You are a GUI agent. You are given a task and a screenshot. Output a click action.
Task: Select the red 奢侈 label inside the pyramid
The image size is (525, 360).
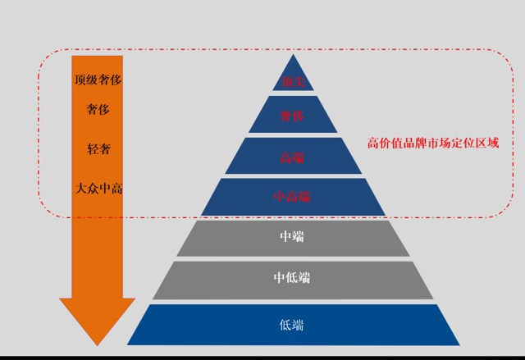293,116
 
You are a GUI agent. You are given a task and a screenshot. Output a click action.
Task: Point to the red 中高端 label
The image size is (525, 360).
293,197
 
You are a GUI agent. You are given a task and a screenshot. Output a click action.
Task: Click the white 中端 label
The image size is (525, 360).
293,237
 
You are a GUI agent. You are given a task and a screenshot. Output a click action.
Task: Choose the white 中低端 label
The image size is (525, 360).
293,278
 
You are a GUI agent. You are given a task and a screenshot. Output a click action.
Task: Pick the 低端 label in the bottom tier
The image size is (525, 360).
293,325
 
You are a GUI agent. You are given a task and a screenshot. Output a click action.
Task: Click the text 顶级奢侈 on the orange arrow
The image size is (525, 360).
98,80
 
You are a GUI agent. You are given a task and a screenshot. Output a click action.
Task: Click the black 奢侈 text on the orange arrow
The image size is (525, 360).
98,108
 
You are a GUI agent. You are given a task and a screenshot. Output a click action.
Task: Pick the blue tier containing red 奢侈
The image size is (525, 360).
271,116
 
